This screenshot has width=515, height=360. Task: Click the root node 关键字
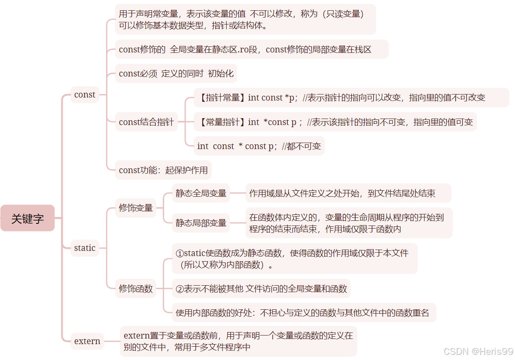[27, 218]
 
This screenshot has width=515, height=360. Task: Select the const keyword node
[85, 95]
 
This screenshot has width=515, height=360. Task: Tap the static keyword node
[85, 248]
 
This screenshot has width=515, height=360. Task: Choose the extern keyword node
[87, 341]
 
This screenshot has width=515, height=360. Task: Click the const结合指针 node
[146, 122]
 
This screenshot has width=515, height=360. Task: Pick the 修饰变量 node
[136, 208]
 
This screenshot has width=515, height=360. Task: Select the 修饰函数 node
[136, 289]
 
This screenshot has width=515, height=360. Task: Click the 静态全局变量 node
[201, 193]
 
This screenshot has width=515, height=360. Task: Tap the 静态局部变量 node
[201, 223]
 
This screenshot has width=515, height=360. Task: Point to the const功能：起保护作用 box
[163, 170]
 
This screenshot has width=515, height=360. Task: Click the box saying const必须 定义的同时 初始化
[176, 73]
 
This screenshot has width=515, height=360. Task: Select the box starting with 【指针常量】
[341, 98]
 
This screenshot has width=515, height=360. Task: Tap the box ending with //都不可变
[259, 146]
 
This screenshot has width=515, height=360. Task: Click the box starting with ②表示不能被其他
[261, 289]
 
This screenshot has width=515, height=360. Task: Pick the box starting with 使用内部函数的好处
[302, 313]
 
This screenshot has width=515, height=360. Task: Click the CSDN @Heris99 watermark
[478, 351]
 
